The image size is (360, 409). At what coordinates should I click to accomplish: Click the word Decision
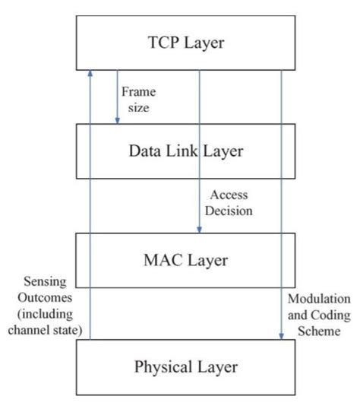pyautogui.click(x=231, y=211)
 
